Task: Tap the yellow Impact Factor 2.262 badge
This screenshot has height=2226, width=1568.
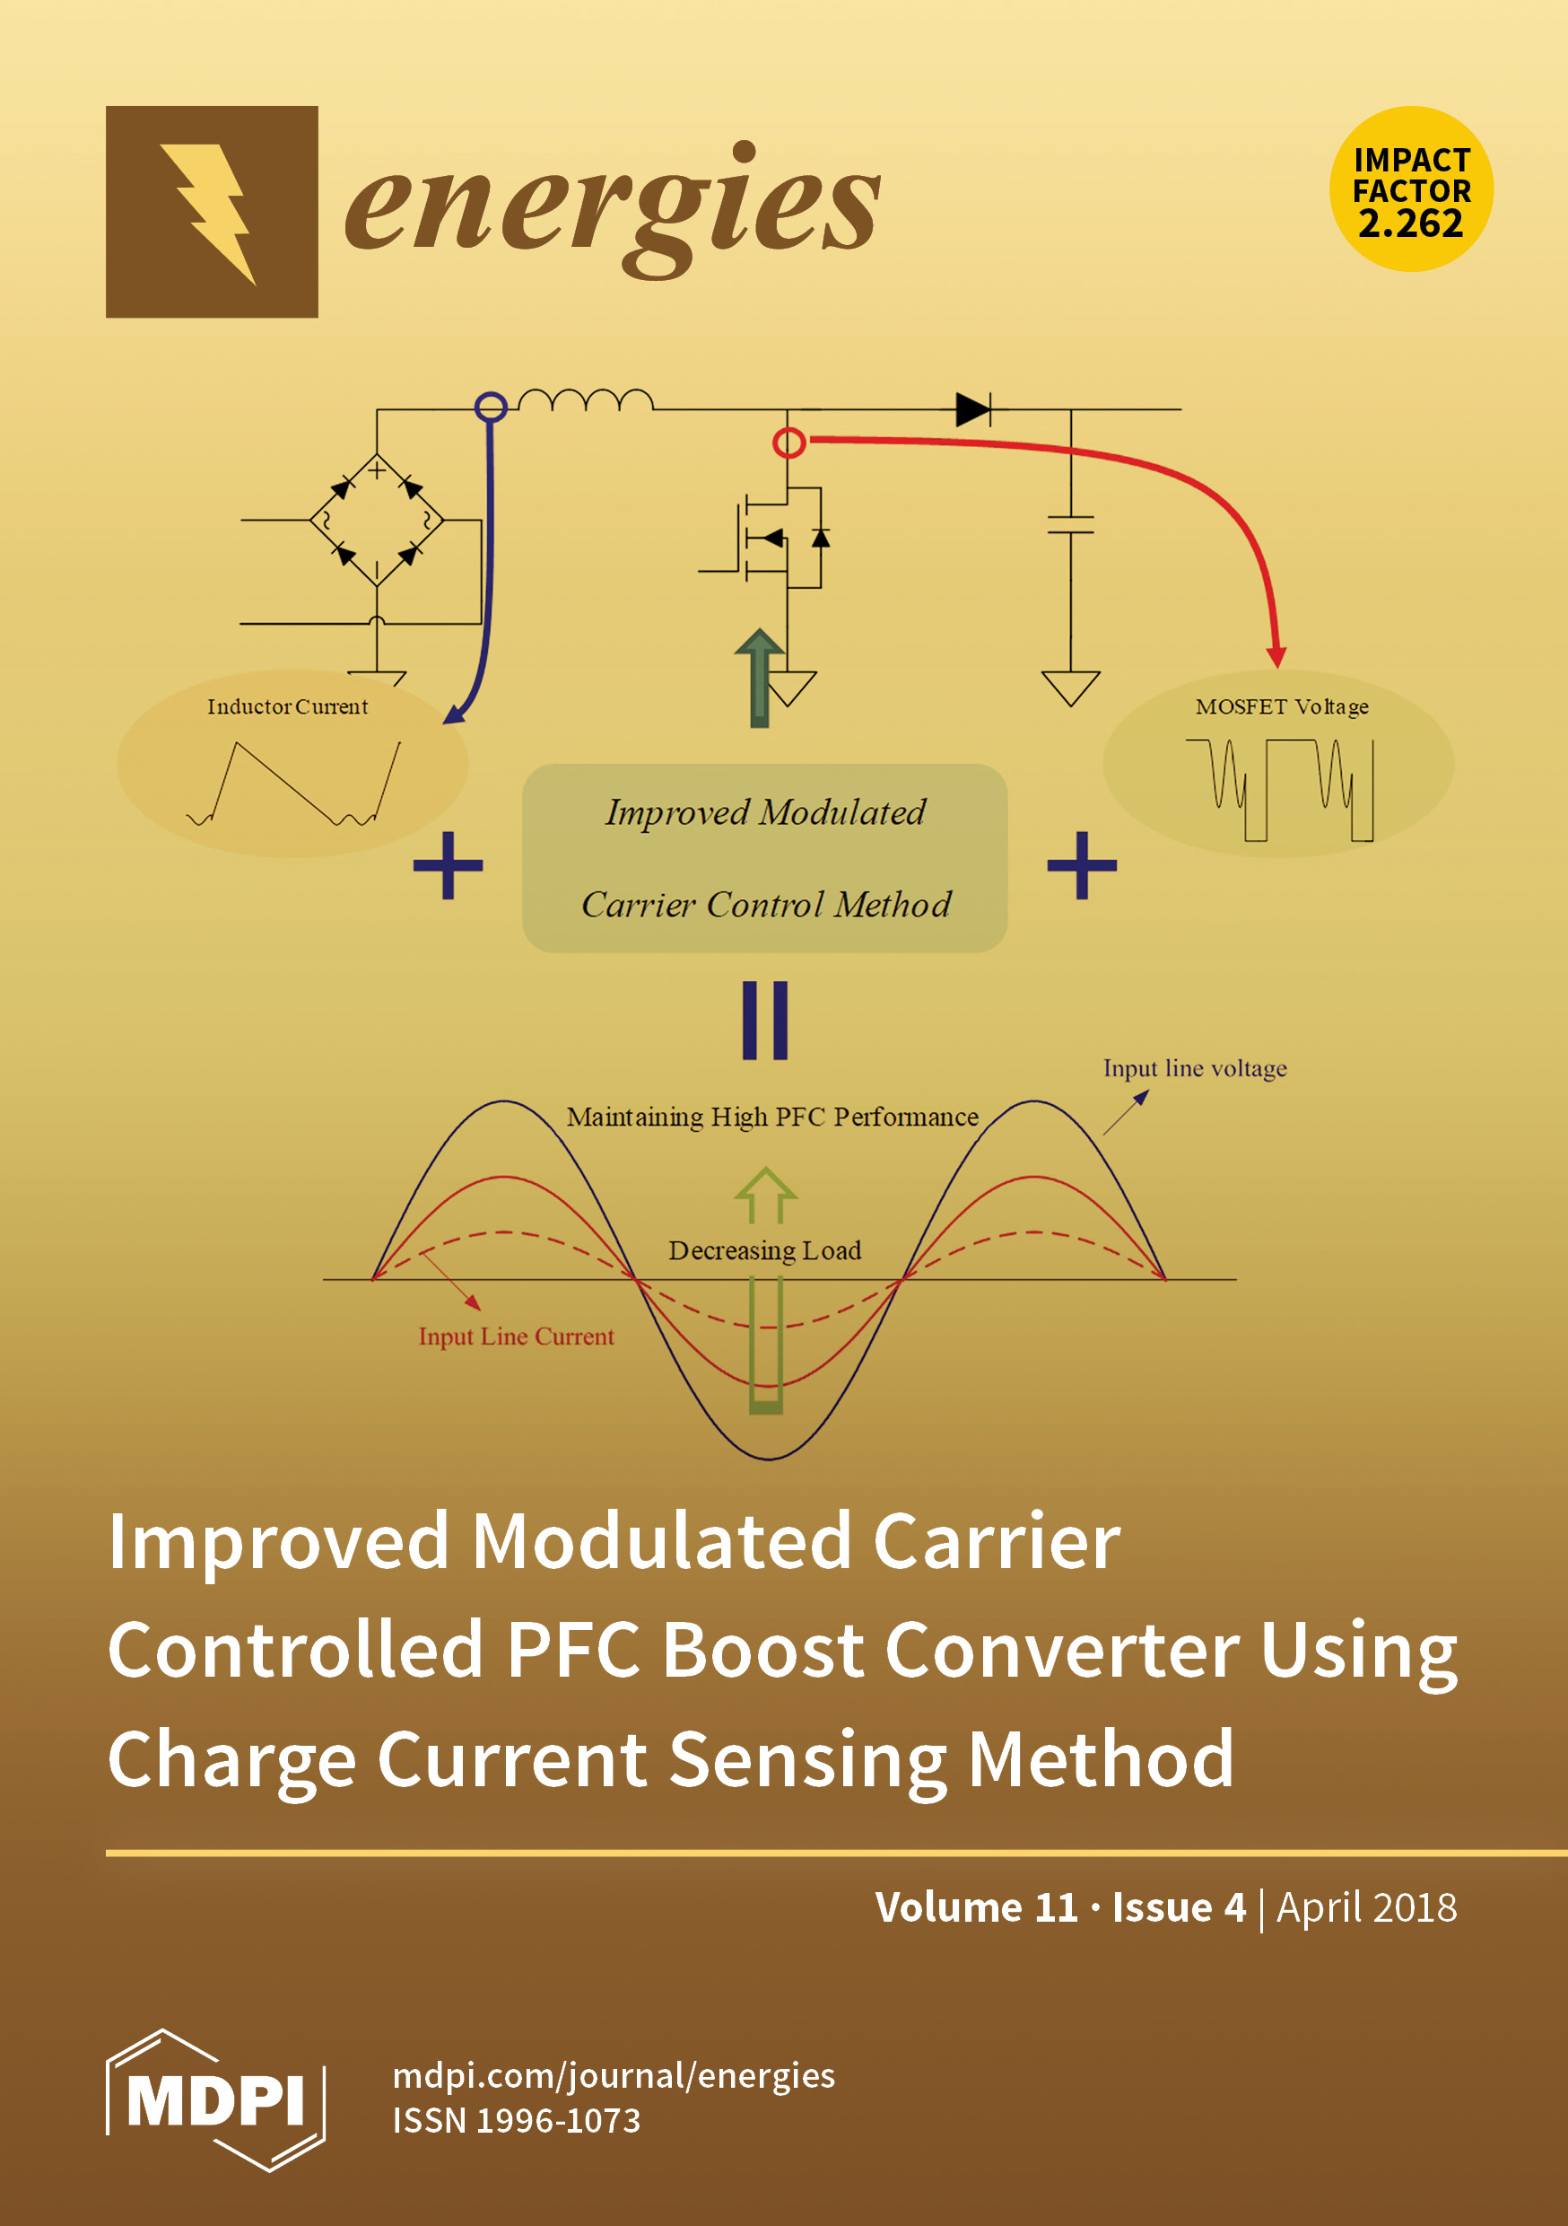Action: (x=1410, y=189)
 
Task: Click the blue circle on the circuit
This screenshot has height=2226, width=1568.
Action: (x=492, y=405)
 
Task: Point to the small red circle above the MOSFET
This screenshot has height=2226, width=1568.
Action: (x=788, y=443)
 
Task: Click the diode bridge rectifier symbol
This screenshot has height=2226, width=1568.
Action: (x=376, y=520)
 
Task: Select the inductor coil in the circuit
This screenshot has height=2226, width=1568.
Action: (x=586, y=399)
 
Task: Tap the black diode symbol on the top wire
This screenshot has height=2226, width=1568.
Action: (x=972, y=409)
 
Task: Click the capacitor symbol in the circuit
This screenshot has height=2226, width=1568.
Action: (x=1070, y=524)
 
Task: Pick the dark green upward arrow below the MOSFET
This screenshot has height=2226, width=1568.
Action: (x=760, y=676)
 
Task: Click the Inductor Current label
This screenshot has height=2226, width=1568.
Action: (x=288, y=706)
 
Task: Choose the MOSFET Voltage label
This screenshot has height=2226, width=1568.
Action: (x=1281, y=706)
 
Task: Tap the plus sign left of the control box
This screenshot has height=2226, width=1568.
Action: (x=448, y=864)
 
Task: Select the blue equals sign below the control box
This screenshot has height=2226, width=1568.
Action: (x=764, y=1020)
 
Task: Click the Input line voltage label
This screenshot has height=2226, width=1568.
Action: (x=1194, y=1067)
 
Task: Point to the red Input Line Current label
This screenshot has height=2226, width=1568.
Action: (x=516, y=1336)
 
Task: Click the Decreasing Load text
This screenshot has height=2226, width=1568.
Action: (x=764, y=1250)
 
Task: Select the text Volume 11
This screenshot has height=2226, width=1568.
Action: (x=976, y=1907)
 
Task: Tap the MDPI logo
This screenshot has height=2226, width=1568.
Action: (x=215, y=2100)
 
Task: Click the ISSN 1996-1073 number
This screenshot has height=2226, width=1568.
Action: (x=517, y=2120)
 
